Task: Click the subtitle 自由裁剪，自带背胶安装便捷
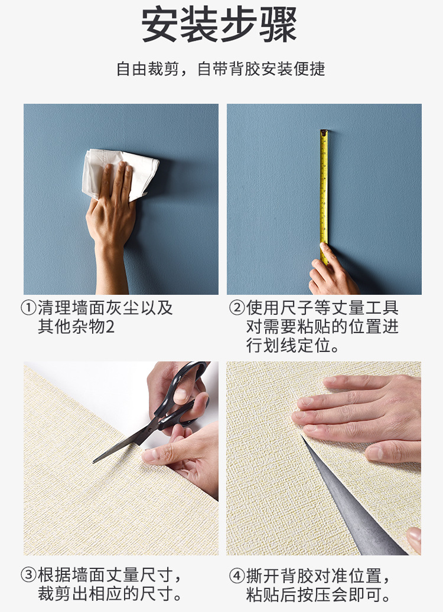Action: [x=221, y=69]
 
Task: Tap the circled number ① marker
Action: [x=28, y=308]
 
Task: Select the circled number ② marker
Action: [x=236, y=308]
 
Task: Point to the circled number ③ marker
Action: [x=28, y=575]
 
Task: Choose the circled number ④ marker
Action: [x=236, y=576]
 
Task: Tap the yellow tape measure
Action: [x=324, y=195]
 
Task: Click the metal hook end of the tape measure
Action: [x=324, y=132]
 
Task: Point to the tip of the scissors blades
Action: [x=95, y=462]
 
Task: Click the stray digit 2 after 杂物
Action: [x=110, y=327]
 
